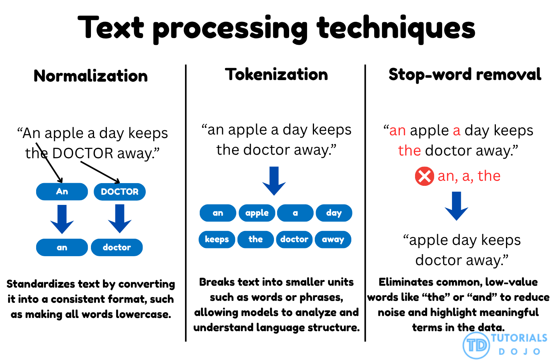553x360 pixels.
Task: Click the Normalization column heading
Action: [91, 76]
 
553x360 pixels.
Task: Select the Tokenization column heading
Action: [276, 75]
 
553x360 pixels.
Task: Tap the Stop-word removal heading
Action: [465, 75]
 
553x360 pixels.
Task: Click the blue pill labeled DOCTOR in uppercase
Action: [120, 192]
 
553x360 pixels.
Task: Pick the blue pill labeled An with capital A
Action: [62, 192]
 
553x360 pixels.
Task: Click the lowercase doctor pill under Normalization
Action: [117, 247]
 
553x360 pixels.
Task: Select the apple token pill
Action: [257, 213]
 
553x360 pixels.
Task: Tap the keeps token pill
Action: [217, 239]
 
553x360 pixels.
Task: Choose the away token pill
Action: [333, 239]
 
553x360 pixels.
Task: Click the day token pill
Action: [334, 213]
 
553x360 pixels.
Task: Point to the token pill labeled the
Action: [255, 239]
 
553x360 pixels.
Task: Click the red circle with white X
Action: [424, 177]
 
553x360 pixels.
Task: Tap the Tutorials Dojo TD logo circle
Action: [476, 345]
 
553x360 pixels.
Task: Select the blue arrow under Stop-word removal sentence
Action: [457, 206]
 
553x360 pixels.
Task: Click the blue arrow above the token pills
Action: [274, 181]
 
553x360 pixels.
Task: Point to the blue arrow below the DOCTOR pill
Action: [120, 218]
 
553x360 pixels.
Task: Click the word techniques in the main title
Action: [396, 28]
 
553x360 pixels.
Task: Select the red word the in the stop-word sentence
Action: [410, 150]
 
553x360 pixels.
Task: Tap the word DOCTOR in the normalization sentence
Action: [83, 154]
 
